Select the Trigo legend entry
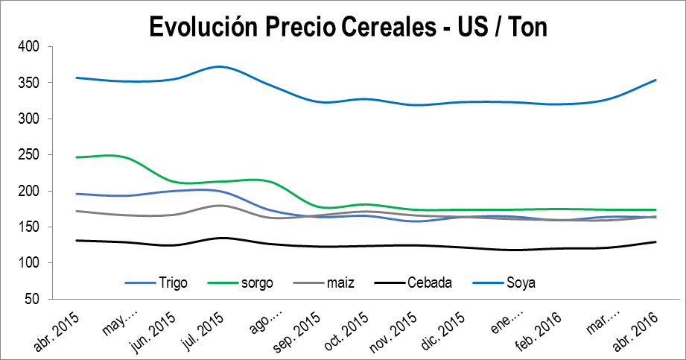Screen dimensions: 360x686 pyautogui.click(x=172, y=282)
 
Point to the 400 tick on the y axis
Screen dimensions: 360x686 pyautogui.click(x=30, y=47)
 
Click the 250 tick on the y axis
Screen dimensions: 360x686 pyautogui.click(x=30, y=155)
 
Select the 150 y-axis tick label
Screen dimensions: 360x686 pyautogui.click(x=30, y=227)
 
